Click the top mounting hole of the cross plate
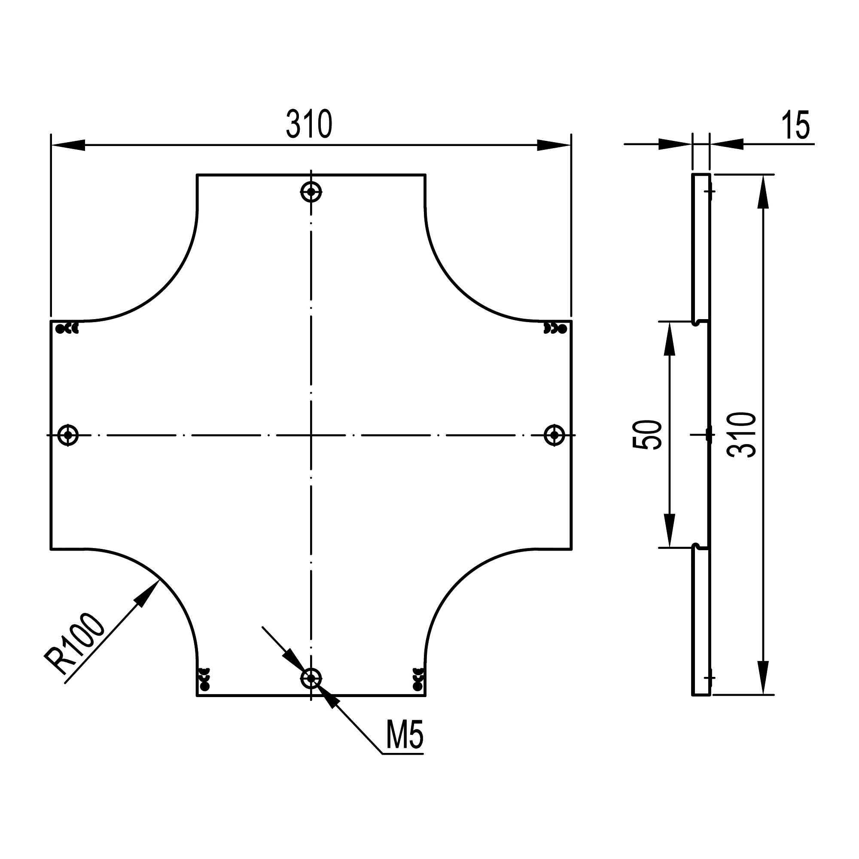pos(311,192)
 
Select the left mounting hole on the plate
pos(68,435)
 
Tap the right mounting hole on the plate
pos(554,435)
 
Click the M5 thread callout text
pos(404,735)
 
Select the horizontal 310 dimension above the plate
pos(309,124)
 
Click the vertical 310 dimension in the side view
pos(741,435)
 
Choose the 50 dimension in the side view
pos(647,435)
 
